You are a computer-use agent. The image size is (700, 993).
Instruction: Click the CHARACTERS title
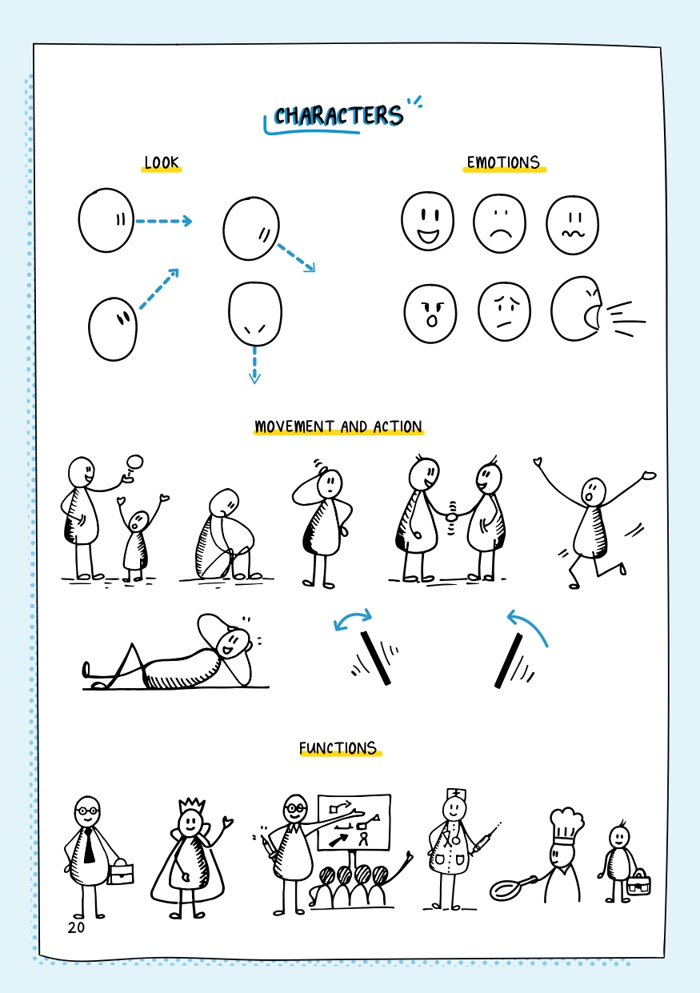[x=338, y=116]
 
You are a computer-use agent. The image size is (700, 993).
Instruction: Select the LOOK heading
[x=162, y=162]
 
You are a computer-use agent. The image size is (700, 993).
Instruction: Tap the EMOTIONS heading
[x=504, y=162]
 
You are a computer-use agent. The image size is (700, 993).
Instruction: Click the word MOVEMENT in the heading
[x=294, y=426]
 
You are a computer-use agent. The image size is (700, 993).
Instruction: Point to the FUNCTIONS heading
[x=338, y=748]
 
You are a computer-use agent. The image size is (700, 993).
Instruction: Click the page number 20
[x=76, y=927]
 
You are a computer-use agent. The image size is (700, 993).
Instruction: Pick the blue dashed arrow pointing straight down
[x=254, y=365]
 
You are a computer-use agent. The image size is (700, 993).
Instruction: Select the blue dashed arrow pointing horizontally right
[x=163, y=221]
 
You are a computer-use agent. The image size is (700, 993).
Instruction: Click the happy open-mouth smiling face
[x=428, y=221]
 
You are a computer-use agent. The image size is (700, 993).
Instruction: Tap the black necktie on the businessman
[x=89, y=846]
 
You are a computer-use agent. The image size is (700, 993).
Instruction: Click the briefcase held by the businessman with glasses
[x=120, y=872]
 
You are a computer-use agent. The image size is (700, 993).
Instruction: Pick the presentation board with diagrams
[x=354, y=823]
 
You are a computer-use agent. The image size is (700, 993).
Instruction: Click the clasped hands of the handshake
[x=452, y=516]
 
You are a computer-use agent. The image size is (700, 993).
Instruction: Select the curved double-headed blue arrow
[x=353, y=617]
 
